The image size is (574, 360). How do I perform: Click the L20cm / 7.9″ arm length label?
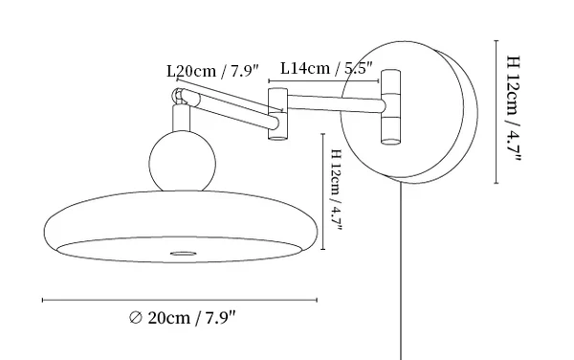point(212,71)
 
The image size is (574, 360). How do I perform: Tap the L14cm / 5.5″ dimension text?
point(326,68)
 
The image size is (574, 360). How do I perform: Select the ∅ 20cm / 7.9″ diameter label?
point(183,318)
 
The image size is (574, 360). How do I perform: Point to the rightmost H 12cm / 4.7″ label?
point(513,109)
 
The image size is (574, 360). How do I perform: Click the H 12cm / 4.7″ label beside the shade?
point(336,190)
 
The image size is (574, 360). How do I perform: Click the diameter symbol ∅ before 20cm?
point(136,318)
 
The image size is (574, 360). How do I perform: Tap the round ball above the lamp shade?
point(183,162)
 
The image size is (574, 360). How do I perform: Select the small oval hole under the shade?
point(184,254)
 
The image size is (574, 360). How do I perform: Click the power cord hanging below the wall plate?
point(401,271)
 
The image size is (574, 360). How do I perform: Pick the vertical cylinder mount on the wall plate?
point(391,107)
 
